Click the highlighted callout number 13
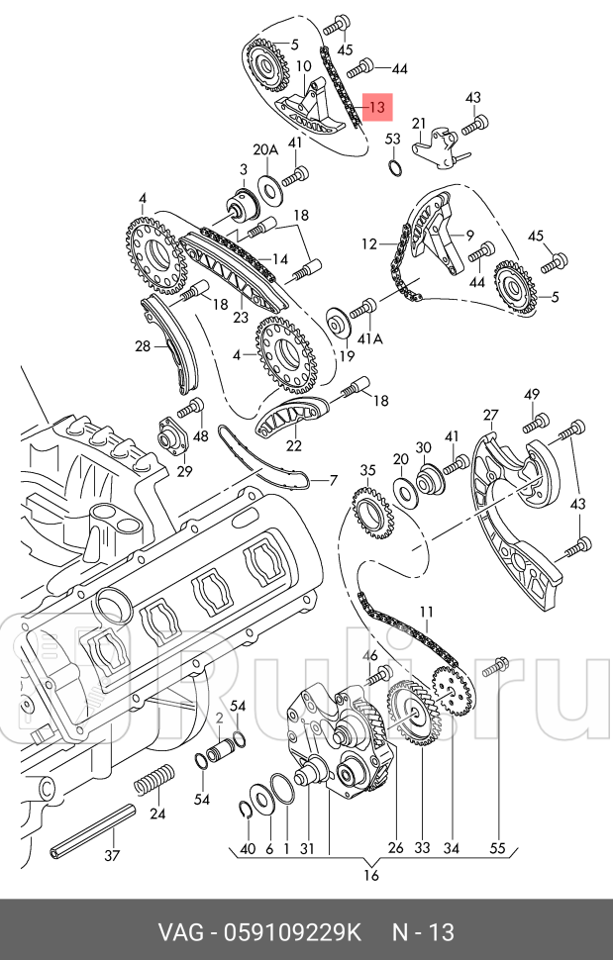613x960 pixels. pos(377,107)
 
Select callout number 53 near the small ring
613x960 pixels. pos(393,140)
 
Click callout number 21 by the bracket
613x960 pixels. pos(419,124)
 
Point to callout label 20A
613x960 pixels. pos(265,150)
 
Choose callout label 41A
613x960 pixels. pos(369,338)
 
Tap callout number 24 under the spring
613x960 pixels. pos(156,815)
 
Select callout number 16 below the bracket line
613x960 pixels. pos(371,875)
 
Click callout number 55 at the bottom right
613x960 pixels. pos(497,848)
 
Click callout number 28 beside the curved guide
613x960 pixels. pos(144,345)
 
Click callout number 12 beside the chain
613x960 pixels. pos(369,242)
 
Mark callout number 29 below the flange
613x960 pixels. pos(184,470)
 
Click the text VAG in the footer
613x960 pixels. pos(179,931)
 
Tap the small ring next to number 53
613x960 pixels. pos(394,165)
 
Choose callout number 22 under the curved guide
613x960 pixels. pos(294,445)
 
